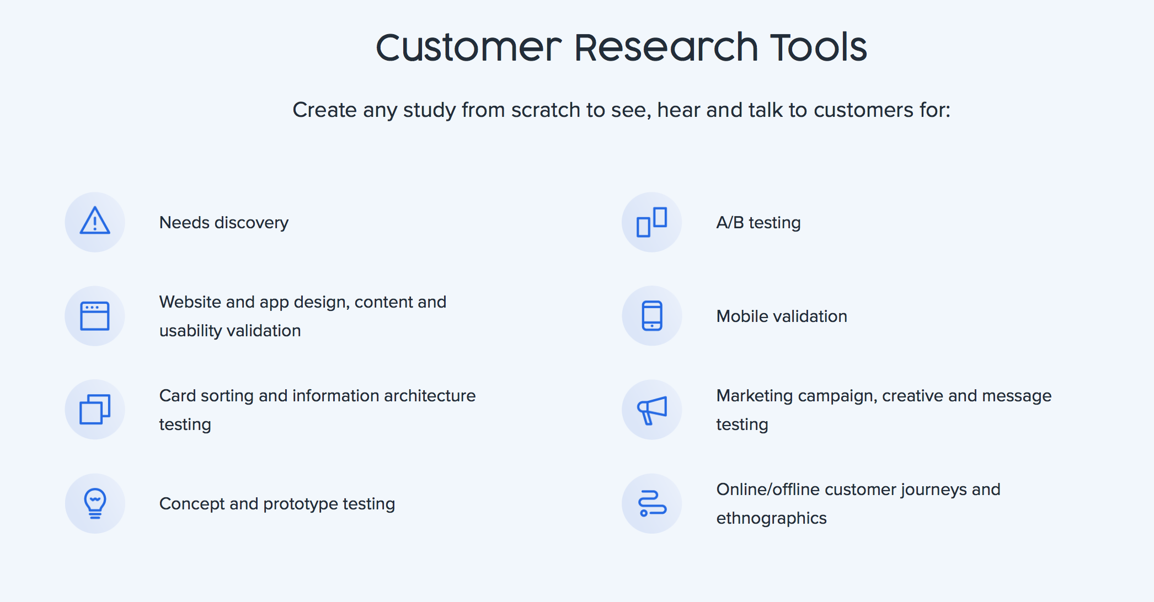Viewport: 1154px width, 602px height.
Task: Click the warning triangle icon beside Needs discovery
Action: pyautogui.click(x=95, y=221)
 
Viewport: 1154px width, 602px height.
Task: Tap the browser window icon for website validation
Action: pyautogui.click(x=95, y=316)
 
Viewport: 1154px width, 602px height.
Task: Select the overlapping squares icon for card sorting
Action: pyautogui.click(x=95, y=410)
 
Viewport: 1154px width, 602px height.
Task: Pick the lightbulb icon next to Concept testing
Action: pyautogui.click(x=95, y=503)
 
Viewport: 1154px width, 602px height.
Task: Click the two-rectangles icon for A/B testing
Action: pyautogui.click(x=652, y=222)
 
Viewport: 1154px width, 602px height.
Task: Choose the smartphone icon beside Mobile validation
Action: pyautogui.click(x=652, y=316)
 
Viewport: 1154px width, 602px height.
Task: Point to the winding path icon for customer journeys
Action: pyautogui.click(x=652, y=503)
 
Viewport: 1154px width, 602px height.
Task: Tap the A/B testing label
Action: pyautogui.click(x=758, y=223)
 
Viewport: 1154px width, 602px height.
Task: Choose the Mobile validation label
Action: pyautogui.click(x=782, y=316)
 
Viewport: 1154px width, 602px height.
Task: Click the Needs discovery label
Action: pyautogui.click(x=224, y=223)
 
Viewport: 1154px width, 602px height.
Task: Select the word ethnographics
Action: pyautogui.click(x=771, y=518)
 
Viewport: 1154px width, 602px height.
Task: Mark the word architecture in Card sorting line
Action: pyautogui.click(x=430, y=396)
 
